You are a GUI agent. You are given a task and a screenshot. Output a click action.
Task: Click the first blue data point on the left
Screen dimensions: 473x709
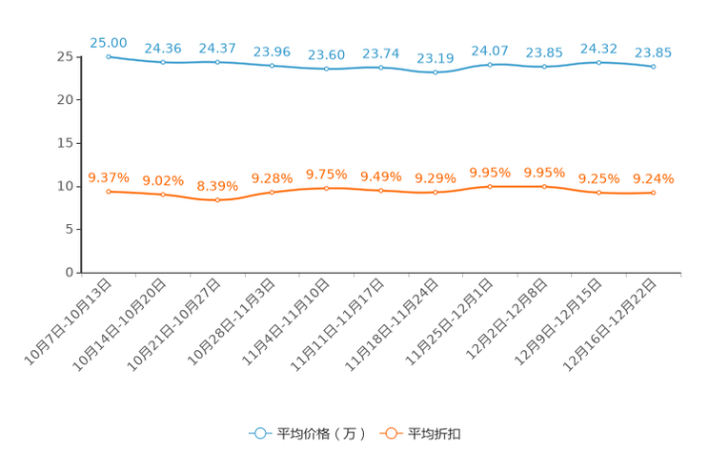point(109,57)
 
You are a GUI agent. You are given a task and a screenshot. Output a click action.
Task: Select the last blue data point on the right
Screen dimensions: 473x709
point(653,67)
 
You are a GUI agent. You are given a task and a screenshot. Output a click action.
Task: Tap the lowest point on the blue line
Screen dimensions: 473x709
point(436,72)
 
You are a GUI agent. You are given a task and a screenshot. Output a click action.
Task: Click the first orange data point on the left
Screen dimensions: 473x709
point(109,192)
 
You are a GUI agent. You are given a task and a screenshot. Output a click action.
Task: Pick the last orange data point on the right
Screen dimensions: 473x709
point(653,193)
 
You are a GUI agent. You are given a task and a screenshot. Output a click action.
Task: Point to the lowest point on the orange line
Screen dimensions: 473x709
point(217,200)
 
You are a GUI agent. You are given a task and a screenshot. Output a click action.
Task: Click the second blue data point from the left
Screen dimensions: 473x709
point(163,63)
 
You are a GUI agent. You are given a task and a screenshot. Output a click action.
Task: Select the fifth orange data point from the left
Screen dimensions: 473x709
point(327,188)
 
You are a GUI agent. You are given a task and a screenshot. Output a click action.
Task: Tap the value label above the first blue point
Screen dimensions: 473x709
point(109,42)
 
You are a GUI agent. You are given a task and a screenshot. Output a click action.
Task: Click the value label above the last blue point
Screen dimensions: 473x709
point(653,52)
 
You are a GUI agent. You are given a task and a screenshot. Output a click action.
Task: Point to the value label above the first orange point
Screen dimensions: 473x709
point(109,176)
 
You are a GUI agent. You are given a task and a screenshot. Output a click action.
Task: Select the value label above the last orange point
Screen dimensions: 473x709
point(653,178)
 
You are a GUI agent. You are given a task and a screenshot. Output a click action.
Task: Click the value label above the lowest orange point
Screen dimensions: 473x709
point(217,185)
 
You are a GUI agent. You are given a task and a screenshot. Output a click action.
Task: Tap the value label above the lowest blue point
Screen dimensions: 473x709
point(436,58)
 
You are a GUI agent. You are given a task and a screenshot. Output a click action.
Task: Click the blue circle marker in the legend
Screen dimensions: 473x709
point(258,433)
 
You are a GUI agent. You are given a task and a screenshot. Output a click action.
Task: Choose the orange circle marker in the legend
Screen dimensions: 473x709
point(390,433)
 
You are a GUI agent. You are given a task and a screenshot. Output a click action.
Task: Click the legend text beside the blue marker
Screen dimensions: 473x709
point(319,434)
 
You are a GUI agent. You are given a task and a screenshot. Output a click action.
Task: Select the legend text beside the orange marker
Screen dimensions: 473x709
point(435,434)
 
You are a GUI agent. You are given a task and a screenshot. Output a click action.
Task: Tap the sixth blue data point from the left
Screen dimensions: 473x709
point(381,68)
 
